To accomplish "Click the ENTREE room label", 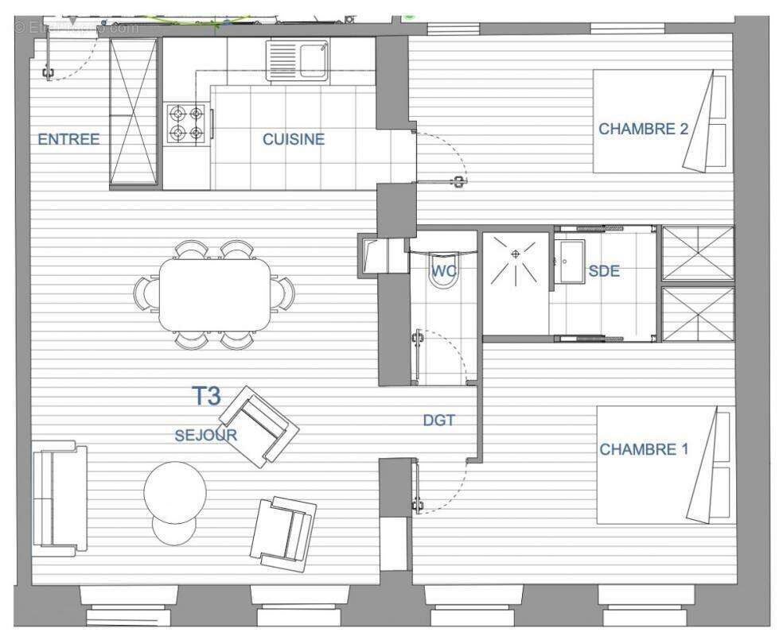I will pos(68,139).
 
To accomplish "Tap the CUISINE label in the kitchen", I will pos(294,139).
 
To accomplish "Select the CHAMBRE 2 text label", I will pos(643,129).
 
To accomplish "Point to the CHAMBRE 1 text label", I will pos(644,449).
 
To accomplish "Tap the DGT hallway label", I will pos(438,420).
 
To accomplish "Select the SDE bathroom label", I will pos(603,271).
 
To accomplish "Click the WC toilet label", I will pos(443,271).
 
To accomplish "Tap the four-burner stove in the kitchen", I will pos(187,123).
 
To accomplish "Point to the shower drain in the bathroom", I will pos(516,254).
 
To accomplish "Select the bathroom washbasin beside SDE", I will pos(570,258).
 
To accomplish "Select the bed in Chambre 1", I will pos(664,465).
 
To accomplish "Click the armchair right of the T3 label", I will pos(259,426).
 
